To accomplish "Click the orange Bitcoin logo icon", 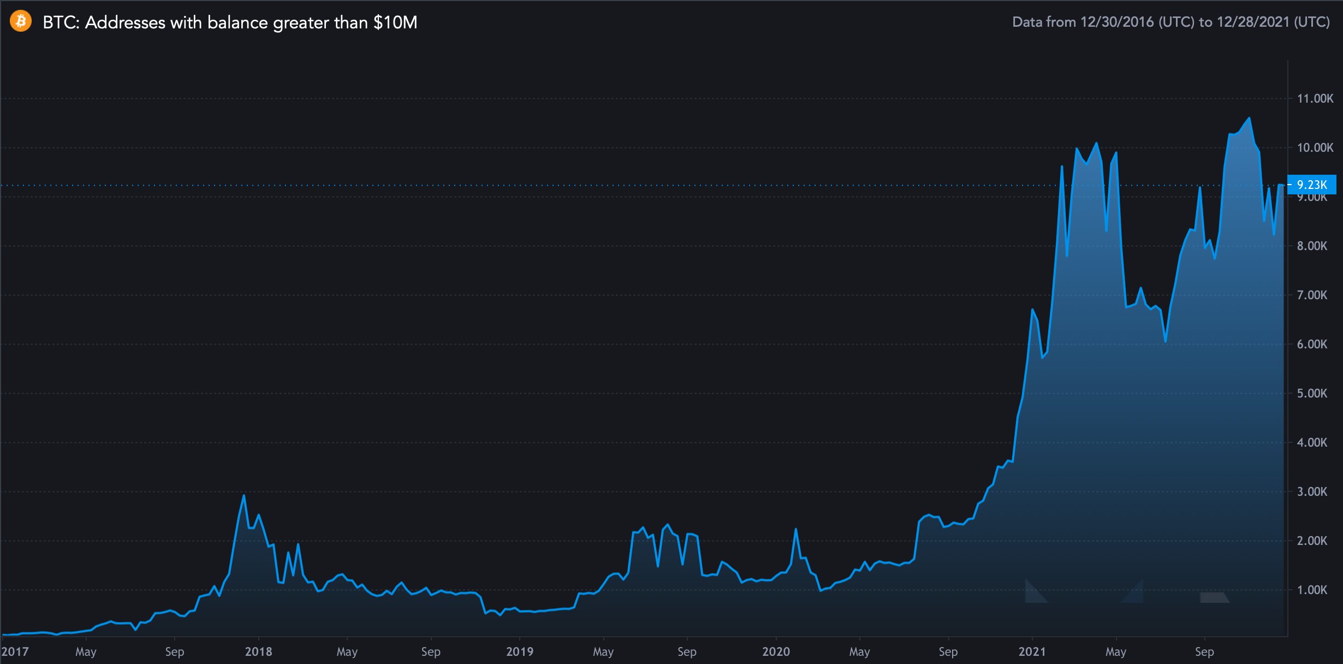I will tap(21, 21).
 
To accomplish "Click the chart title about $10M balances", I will tap(230, 22).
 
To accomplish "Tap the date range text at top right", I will tap(1170, 22).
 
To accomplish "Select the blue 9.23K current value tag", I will tap(1311, 185).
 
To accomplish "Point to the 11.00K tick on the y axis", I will tap(1315, 98).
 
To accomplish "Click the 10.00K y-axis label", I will tap(1315, 147).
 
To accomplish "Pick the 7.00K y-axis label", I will tap(1312, 295).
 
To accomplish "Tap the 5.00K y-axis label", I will tap(1312, 393).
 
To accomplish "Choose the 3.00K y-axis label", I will tap(1312, 491).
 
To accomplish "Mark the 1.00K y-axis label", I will tap(1312, 590).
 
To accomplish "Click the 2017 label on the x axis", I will tap(15, 651).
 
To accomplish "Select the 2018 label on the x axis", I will tap(258, 651).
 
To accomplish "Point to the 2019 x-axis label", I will tap(519, 651).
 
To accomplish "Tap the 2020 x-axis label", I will tap(776, 651).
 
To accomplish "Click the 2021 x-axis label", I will tap(1032, 651).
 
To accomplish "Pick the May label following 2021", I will tap(1116, 651).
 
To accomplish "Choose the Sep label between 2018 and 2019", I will tap(431, 651).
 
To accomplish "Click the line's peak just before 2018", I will tap(243, 496).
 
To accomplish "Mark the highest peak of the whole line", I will tap(1249, 118).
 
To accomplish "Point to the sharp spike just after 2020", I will tap(795, 529).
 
